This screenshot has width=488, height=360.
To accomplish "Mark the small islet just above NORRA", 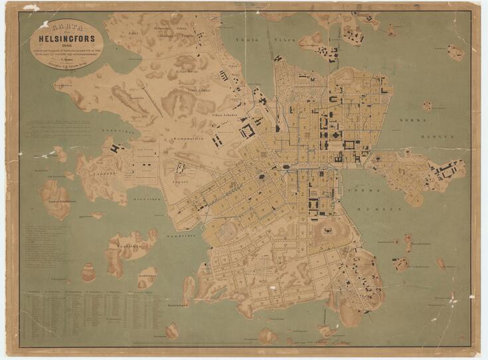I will (x=427, y=105).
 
